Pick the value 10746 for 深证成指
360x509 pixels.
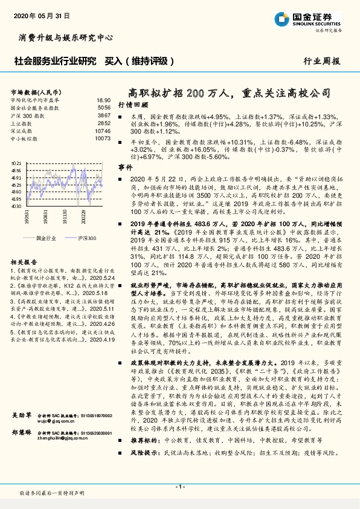pyautogui.click(x=103, y=130)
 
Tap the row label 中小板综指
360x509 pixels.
pyautogui.click(x=24, y=138)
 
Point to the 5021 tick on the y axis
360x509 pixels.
pyautogui.click(x=17, y=163)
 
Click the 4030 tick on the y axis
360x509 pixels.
pyautogui.click(x=17, y=206)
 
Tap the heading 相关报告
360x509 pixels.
pyautogui.click(x=24, y=261)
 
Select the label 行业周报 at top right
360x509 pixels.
pyautogui.click(x=322, y=61)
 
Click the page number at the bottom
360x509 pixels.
pyautogui.click(x=179, y=486)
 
